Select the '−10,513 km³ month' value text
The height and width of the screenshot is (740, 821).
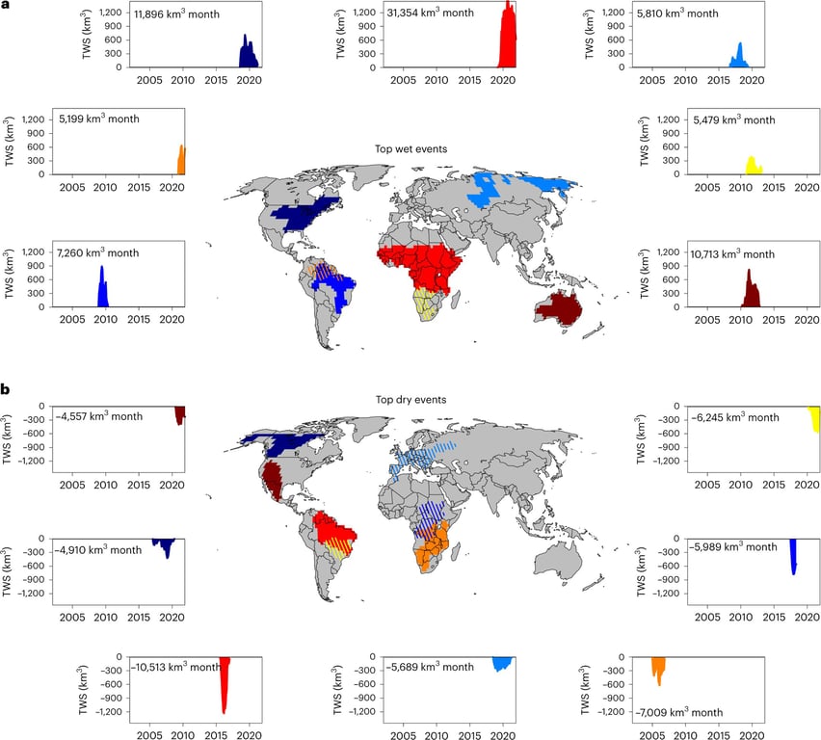pyautogui.click(x=177, y=667)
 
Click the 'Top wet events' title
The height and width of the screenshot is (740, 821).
pyautogui.click(x=410, y=149)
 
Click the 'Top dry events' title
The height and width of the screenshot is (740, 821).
pyautogui.click(x=410, y=399)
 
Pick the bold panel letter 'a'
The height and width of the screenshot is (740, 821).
pyautogui.click(x=7, y=6)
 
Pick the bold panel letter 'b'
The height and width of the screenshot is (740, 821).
pyautogui.click(x=7, y=389)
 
